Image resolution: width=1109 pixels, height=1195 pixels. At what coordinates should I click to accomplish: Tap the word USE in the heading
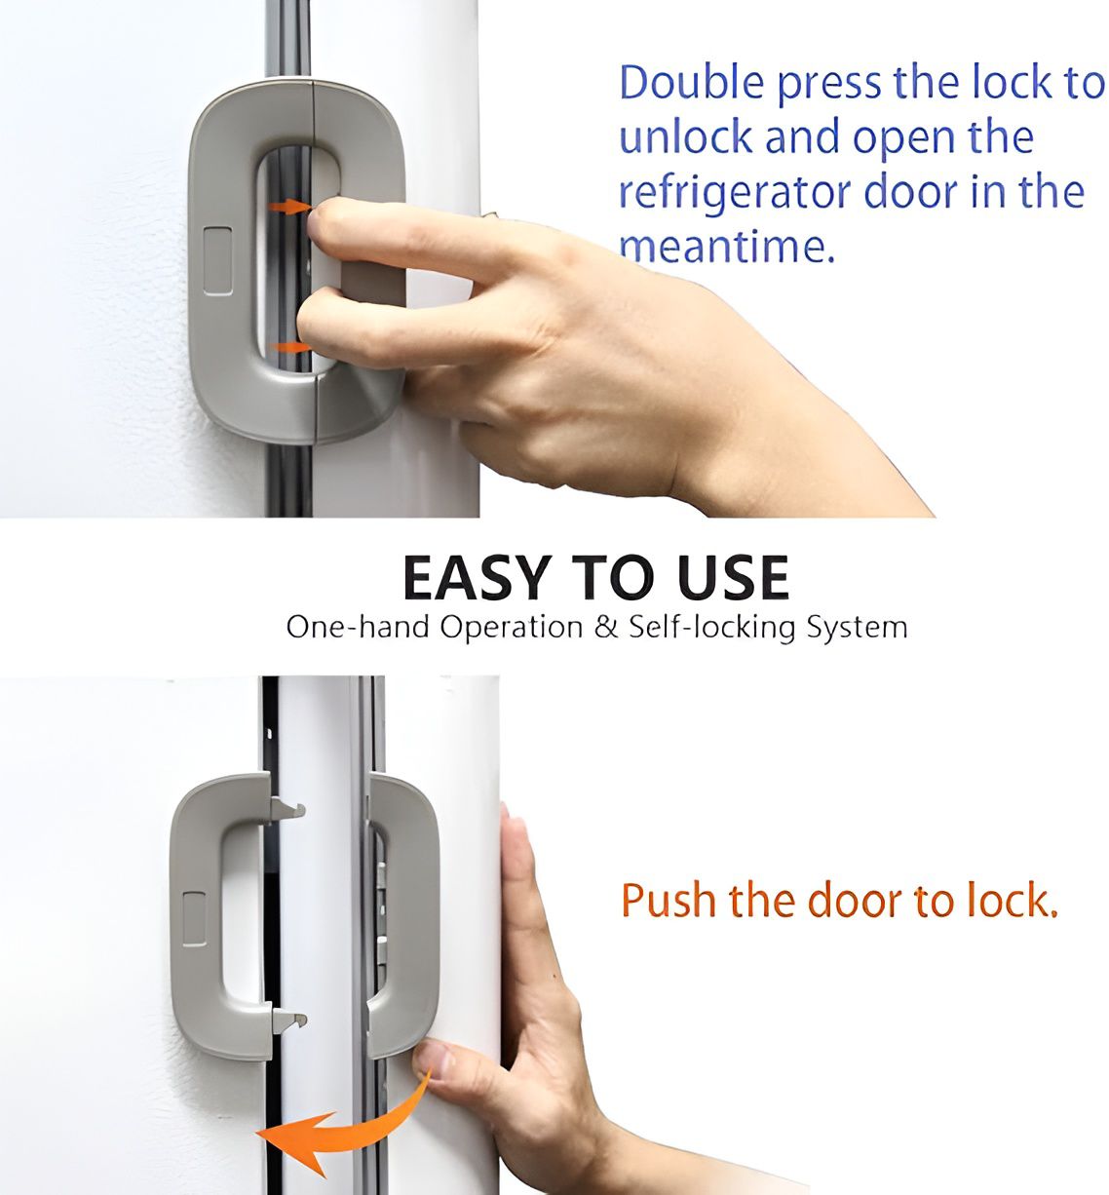pos(733,578)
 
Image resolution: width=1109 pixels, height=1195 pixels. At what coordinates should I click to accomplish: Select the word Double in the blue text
pos(691,84)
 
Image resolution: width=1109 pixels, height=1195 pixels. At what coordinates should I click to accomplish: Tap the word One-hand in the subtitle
pos(357,627)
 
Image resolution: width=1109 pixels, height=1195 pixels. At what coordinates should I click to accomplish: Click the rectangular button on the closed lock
pos(216,261)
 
